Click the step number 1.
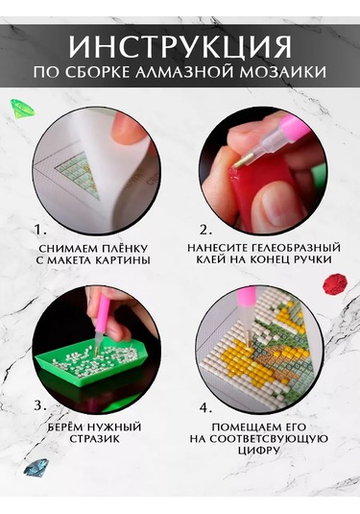coord(39,231)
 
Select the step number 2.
coord(204,231)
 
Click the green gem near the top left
coord(22,108)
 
